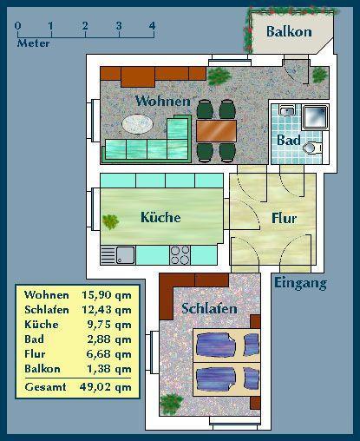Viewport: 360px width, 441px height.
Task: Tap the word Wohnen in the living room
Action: (162, 102)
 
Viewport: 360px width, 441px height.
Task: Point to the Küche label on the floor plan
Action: (160, 217)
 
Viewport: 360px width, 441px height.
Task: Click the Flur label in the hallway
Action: (284, 219)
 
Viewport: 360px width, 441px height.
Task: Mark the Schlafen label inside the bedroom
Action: (209, 309)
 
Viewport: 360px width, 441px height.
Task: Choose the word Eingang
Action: (300, 283)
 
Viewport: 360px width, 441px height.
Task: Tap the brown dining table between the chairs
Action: (216, 130)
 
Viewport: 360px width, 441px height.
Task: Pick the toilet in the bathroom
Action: (311, 148)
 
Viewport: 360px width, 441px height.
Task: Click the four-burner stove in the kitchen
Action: (180, 255)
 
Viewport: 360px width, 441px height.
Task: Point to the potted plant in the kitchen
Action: (110, 221)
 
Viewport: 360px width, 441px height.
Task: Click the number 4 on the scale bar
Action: (152, 25)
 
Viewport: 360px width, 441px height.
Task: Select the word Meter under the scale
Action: (33, 43)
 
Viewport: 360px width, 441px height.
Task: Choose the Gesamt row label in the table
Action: (43, 387)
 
